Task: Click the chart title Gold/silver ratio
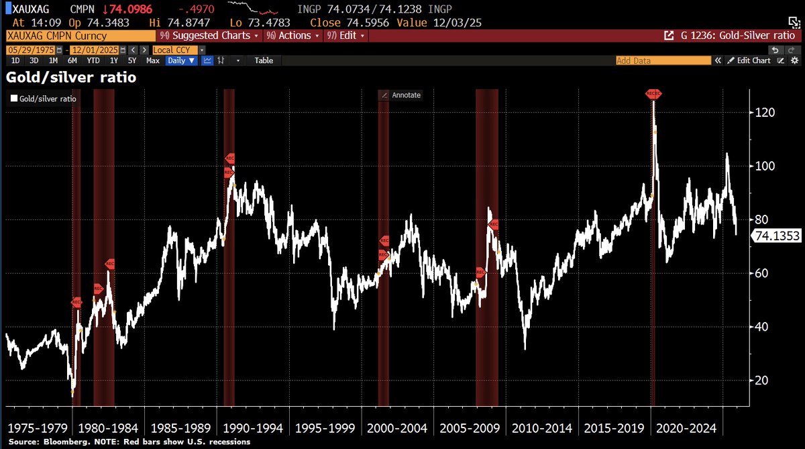coord(71,78)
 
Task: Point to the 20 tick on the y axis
coord(760,381)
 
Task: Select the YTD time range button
coord(93,60)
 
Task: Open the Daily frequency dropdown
coord(181,60)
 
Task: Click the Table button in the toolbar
coord(264,60)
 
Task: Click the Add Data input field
coord(663,60)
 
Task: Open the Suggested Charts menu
coord(212,36)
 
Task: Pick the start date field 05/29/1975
coord(31,50)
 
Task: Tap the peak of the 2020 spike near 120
coord(653,101)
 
